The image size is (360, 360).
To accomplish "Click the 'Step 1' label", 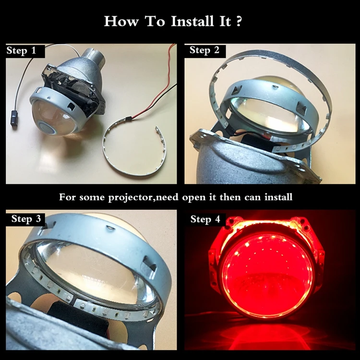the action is (x=21, y=50).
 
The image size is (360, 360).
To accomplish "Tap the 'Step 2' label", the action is (x=204, y=50).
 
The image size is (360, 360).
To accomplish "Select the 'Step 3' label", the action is (x=26, y=219).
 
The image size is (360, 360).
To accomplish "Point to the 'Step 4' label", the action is (x=205, y=219).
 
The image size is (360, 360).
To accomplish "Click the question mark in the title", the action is (x=239, y=21).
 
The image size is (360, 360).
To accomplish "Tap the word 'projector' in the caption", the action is (x=131, y=197).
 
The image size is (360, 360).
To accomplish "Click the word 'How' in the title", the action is (x=121, y=21).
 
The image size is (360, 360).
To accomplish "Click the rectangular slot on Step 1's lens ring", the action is (x=72, y=106).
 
